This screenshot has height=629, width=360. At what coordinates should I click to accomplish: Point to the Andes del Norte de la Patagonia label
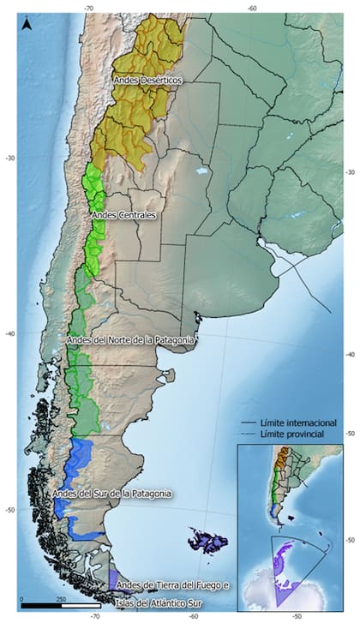click(131, 340)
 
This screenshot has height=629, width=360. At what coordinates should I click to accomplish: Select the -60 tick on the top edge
click(251, 7)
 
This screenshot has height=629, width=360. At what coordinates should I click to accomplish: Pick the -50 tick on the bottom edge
click(297, 615)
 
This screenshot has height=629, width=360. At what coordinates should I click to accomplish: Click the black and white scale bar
click(59, 607)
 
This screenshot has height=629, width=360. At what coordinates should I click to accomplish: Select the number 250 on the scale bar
click(61, 598)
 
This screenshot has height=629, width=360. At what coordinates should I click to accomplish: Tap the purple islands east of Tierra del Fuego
click(209, 542)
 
